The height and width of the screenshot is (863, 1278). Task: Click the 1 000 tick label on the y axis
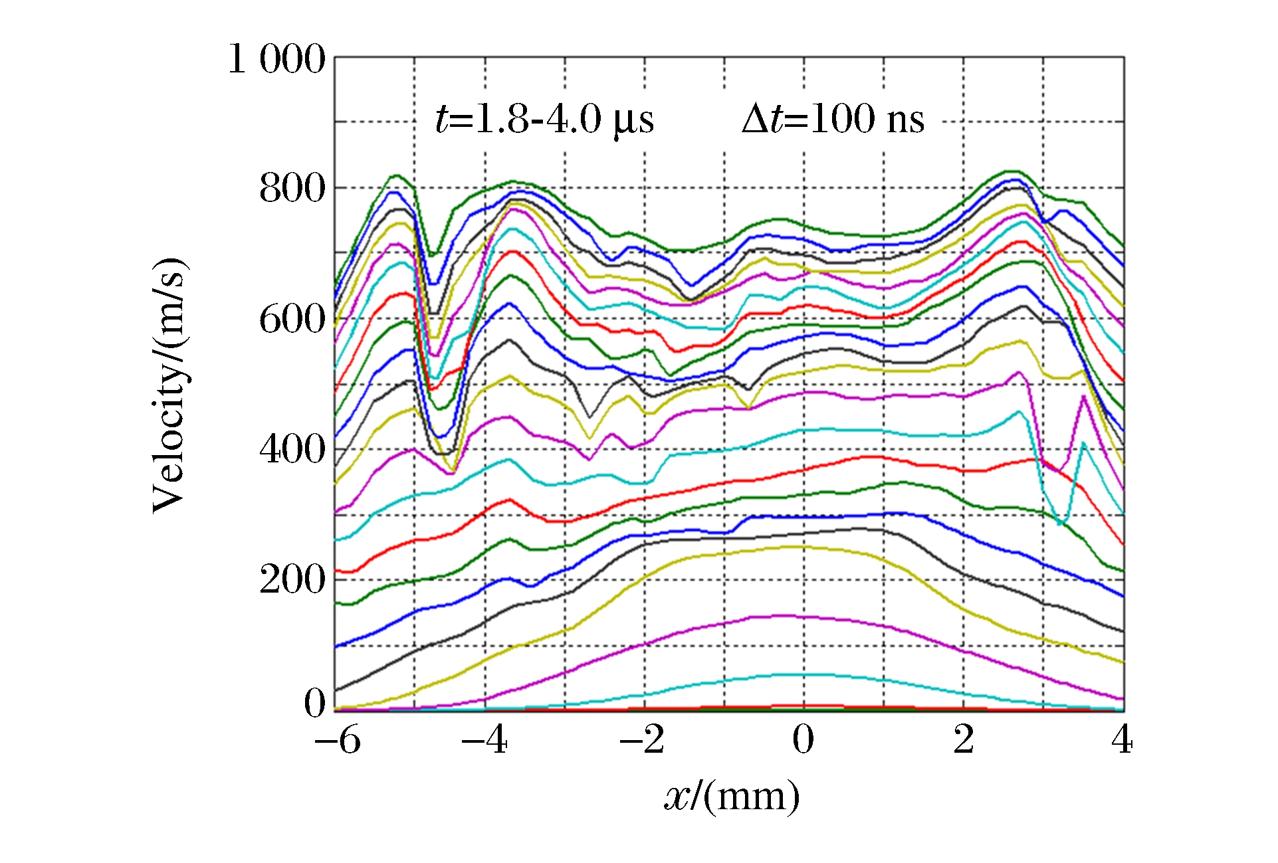[x=276, y=59]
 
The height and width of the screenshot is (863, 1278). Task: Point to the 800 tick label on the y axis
[x=292, y=189]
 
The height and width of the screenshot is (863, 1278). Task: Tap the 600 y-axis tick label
[x=292, y=320]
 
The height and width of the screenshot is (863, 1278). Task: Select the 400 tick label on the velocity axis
[x=292, y=450]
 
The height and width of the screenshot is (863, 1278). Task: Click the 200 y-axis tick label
[x=292, y=580]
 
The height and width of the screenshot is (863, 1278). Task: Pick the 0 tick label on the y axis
[x=314, y=703]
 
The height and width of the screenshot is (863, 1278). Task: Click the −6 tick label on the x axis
[x=337, y=740]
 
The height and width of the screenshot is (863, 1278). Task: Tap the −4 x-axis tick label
[x=484, y=740]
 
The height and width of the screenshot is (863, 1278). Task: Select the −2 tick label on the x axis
[x=642, y=740]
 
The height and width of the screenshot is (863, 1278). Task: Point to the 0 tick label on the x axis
[x=803, y=740]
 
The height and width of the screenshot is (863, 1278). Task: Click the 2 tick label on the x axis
[x=964, y=740]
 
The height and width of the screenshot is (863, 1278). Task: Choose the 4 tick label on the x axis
[x=1122, y=740]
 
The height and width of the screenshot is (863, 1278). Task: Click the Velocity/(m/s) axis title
[x=169, y=385]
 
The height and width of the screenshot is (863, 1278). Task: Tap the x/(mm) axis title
[x=732, y=796]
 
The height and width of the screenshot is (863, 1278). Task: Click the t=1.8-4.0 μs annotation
[x=544, y=120]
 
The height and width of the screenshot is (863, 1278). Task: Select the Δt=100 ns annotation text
[x=833, y=120]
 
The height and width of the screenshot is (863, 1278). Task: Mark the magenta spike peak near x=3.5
[x=1083, y=397]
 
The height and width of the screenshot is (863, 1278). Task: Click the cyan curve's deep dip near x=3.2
[x=1061, y=524]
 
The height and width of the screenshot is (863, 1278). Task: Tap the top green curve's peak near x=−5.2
[x=397, y=175]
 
